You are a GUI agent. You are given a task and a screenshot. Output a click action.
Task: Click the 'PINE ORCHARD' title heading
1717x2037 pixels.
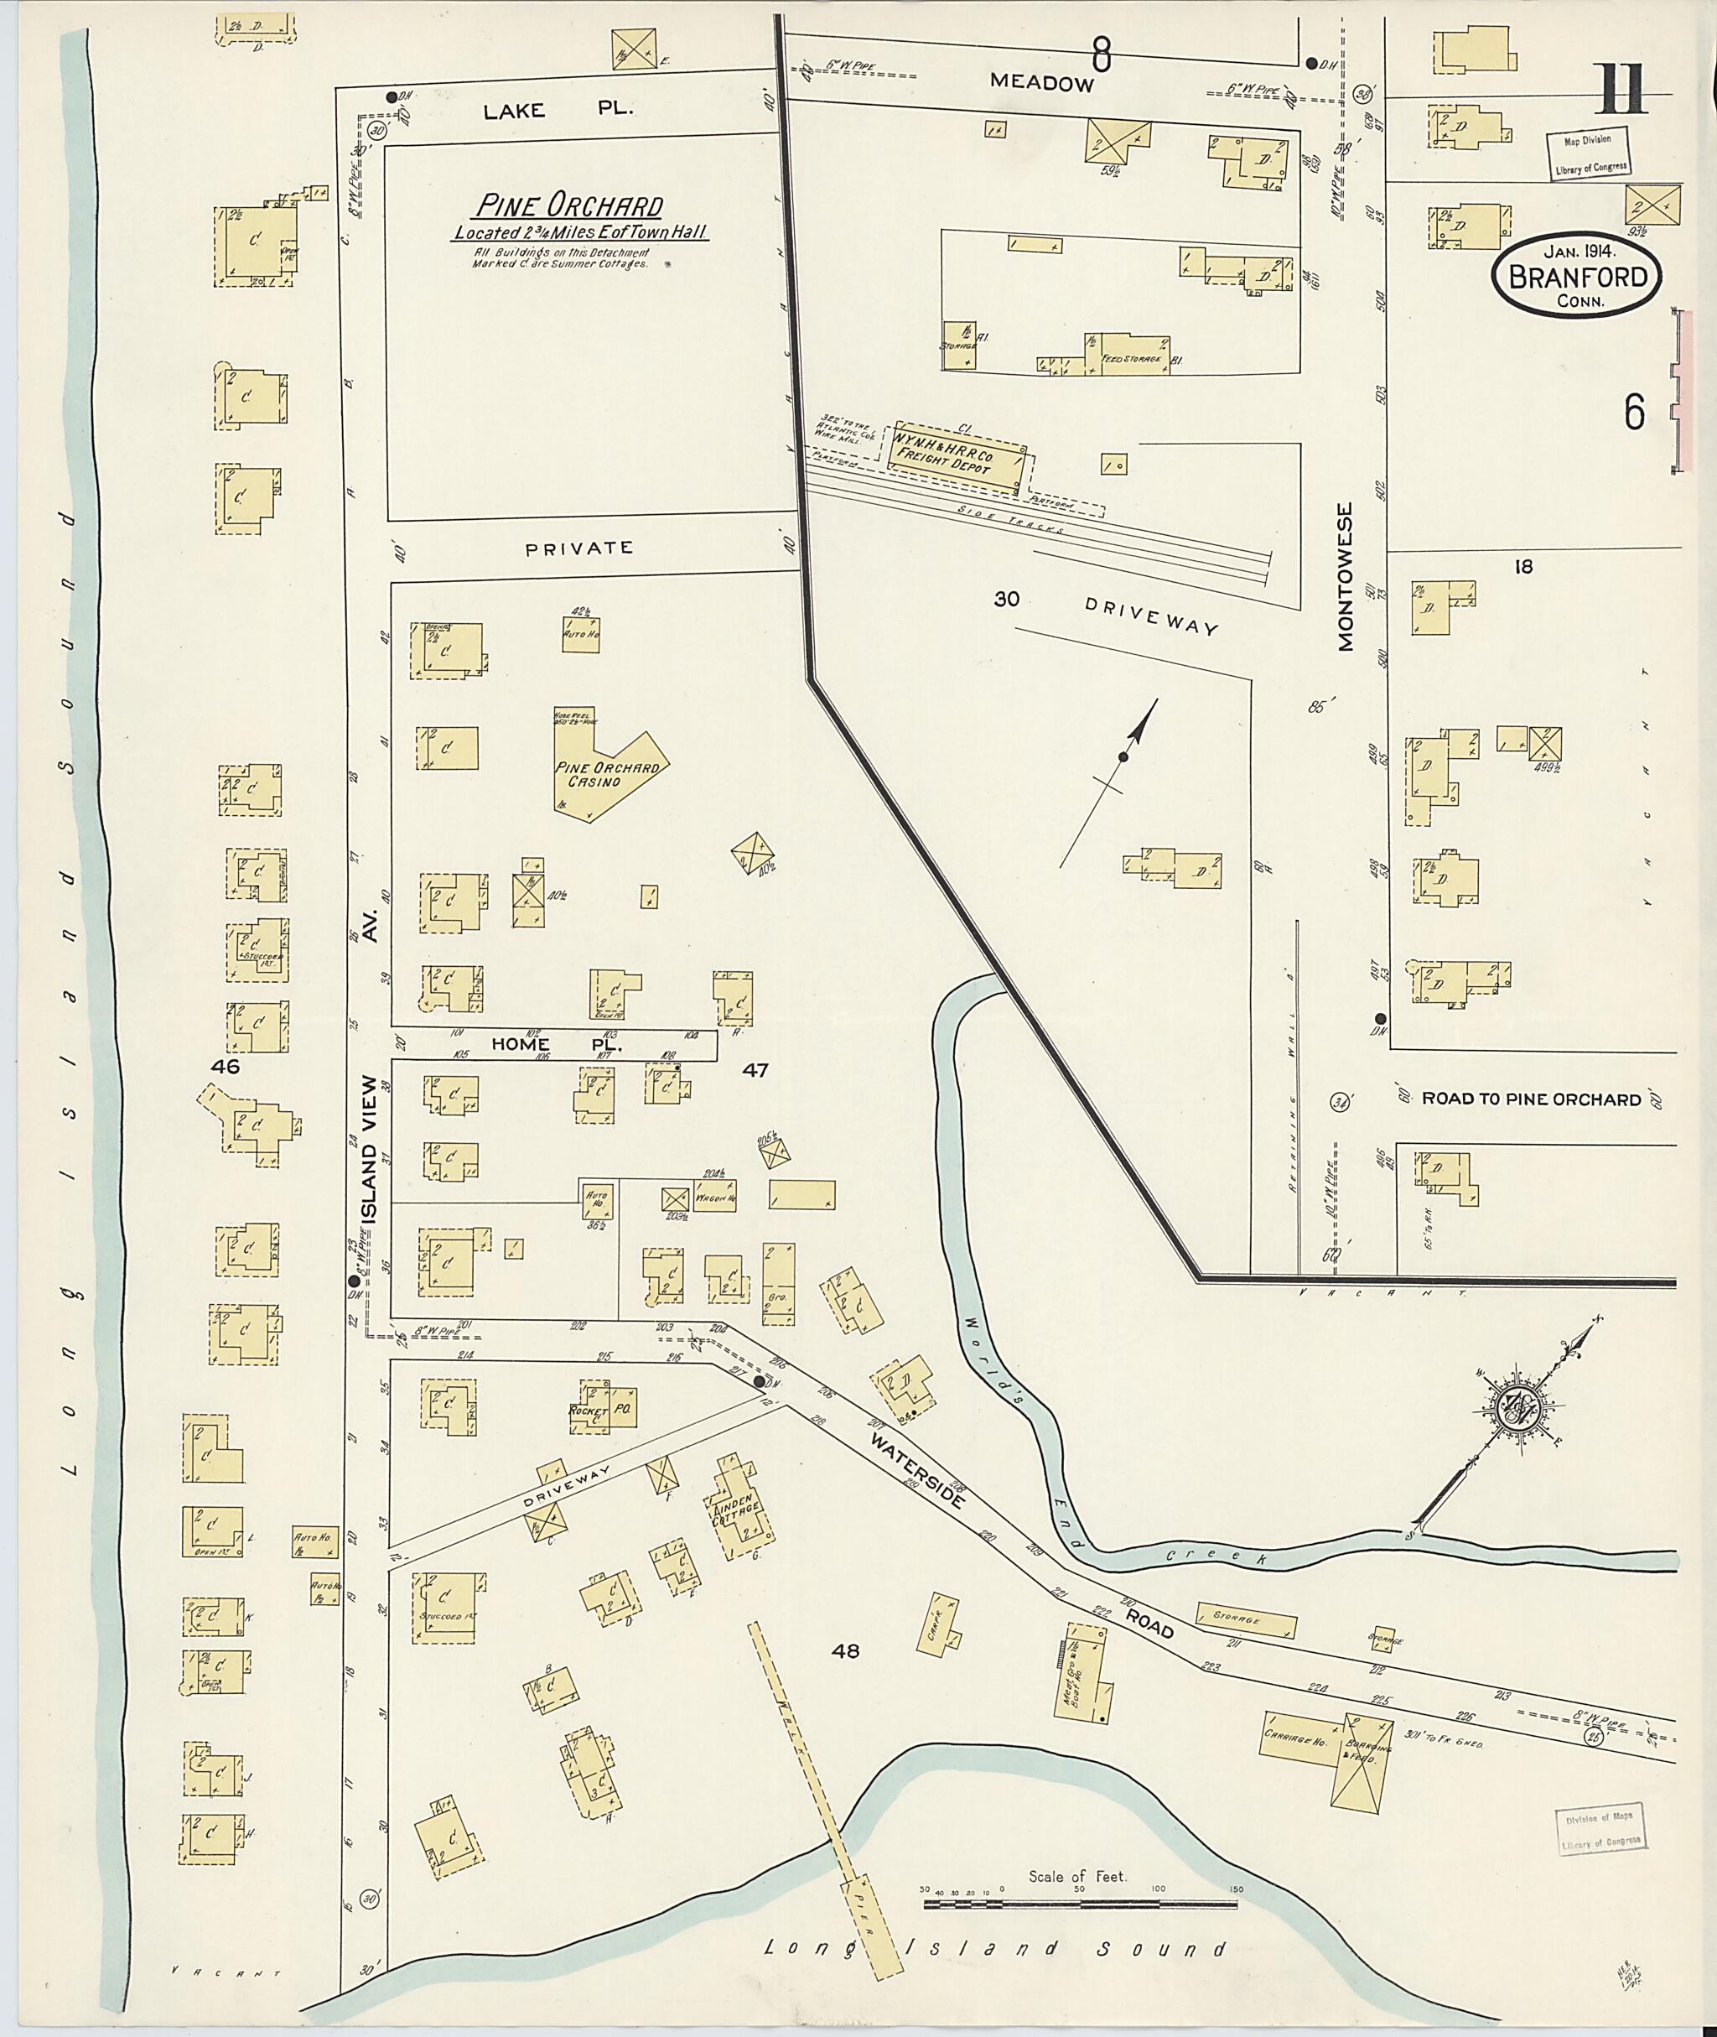coord(568,206)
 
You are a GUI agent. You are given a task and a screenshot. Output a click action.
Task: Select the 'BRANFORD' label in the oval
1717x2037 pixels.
coord(1578,278)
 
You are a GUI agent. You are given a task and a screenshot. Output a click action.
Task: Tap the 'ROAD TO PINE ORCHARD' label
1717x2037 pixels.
coord(1531,1099)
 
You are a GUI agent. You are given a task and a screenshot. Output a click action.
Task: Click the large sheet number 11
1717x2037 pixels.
coord(1618,91)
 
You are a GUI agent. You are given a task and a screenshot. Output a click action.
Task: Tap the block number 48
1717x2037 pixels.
coord(845,1650)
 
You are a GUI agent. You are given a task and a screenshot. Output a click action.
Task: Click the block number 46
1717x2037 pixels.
coord(225,1066)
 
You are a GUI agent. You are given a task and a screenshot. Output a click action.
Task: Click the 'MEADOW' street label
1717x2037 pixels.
coord(1041,83)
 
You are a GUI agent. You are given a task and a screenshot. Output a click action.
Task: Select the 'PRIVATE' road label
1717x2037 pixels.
coord(578,548)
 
